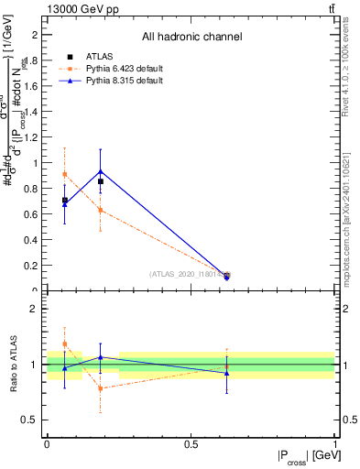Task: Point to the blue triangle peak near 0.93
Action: coord(100,171)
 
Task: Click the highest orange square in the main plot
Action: coord(64,174)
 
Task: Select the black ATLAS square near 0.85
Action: coord(100,181)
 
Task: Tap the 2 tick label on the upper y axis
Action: coord(36,35)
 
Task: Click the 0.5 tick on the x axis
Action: coord(191,443)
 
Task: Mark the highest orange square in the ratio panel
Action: coord(64,344)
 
